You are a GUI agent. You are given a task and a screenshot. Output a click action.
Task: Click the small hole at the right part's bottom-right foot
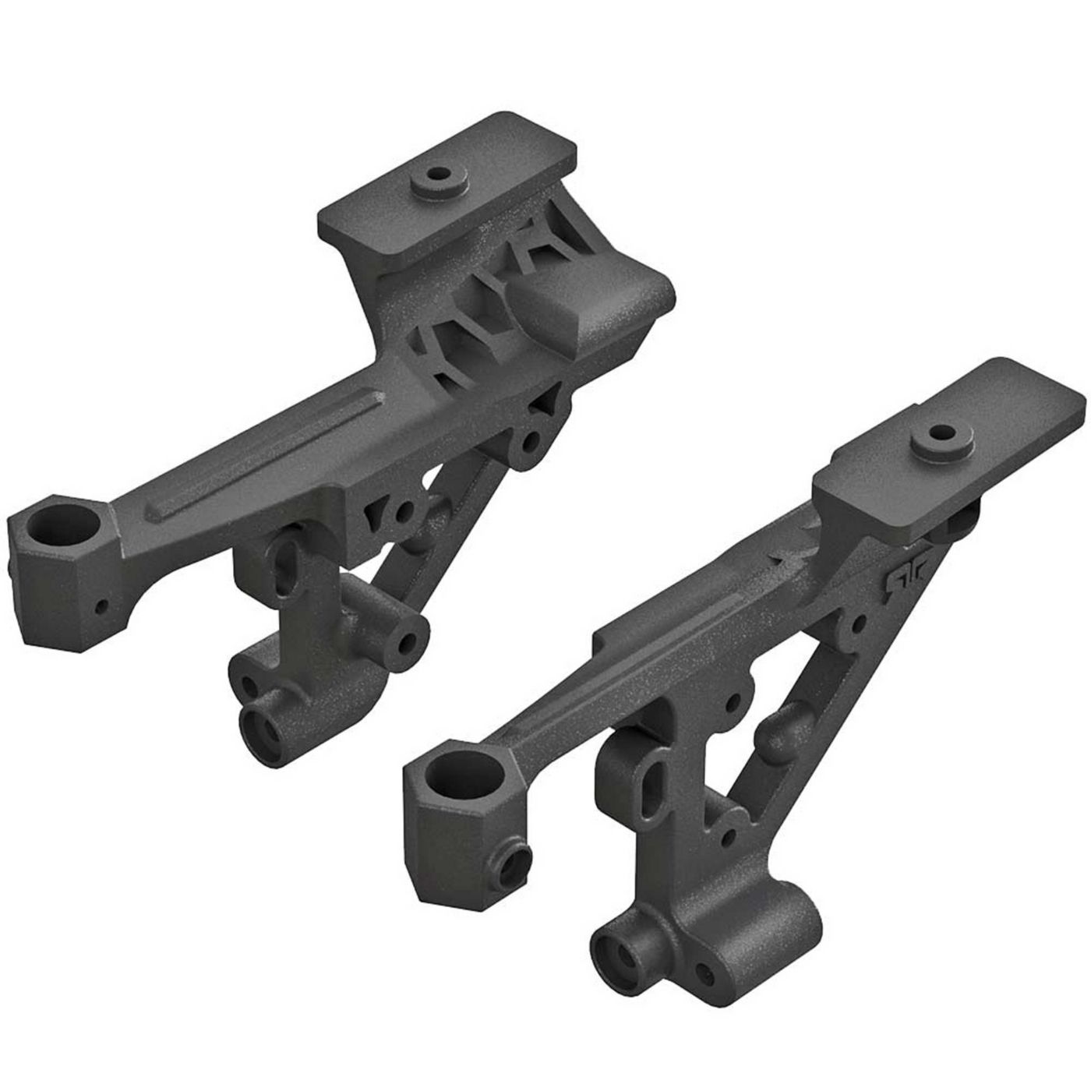click(705, 973)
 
